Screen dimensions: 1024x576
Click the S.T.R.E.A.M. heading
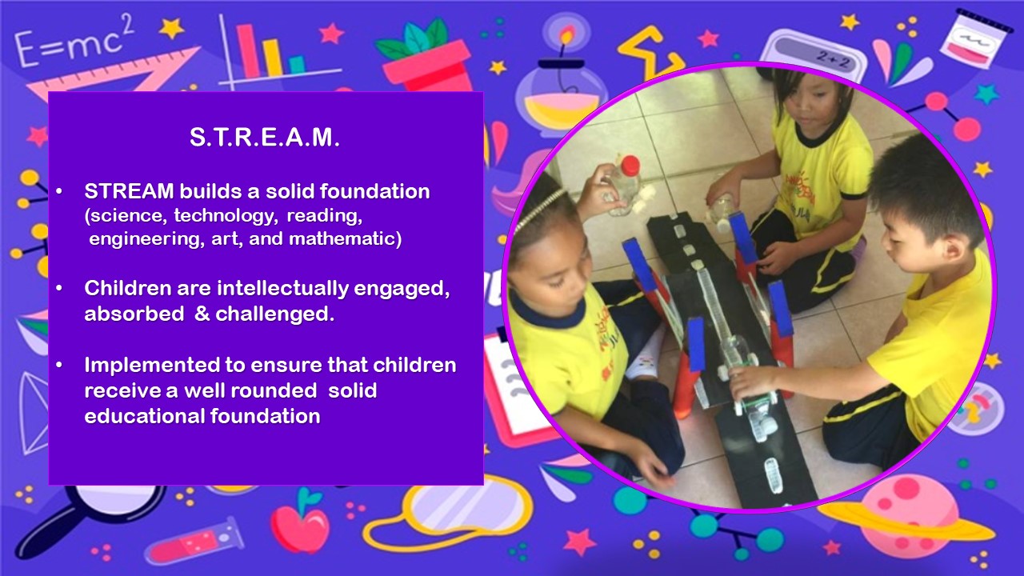pyautogui.click(x=265, y=137)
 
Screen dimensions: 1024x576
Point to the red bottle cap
pyautogui.click(x=630, y=165)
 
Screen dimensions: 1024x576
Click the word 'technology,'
pyautogui.click(x=226, y=215)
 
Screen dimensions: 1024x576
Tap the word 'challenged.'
pyautogui.click(x=274, y=314)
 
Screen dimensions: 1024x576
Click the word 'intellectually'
pyautogui.click(x=283, y=289)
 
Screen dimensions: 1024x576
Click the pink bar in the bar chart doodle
pyautogui.click(x=248, y=51)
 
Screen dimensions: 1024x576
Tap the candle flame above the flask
pyautogui.click(x=567, y=35)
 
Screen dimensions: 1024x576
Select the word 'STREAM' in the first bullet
pyautogui.click(x=129, y=191)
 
